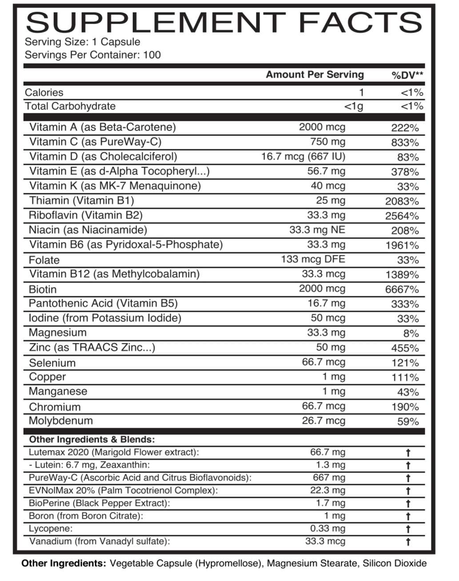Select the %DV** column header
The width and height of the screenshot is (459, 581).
click(x=407, y=75)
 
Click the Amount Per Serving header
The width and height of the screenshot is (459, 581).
click(x=315, y=75)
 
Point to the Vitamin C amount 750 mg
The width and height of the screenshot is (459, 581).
click(x=327, y=142)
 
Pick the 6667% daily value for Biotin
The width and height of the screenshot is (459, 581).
click(x=402, y=290)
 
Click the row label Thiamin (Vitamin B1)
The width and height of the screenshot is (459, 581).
click(x=81, y=200)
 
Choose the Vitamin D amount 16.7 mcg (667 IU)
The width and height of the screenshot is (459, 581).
click(x=303, y=156)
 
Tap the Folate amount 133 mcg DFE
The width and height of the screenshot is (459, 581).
click(x=313, y=259)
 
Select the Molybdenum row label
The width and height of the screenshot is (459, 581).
click(x=61, y=421)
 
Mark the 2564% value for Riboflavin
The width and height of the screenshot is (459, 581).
click(x=402, y=216)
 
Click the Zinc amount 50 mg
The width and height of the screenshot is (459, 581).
click(x=328, y=347)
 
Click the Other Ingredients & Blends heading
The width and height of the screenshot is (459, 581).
click(x=92, y=440)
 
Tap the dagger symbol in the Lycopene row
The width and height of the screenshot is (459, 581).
click(x=408, y=529)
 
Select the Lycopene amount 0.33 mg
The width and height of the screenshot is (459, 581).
click(x=327, y=529)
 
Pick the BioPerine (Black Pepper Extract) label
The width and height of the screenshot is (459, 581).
click(x=100, y=503)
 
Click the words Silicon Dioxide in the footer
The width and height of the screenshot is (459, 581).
click(x=395, y=564)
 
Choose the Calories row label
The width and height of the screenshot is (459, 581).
click(x=44, y=92)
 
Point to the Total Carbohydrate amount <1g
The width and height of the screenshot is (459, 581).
click(x=353, y=106)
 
